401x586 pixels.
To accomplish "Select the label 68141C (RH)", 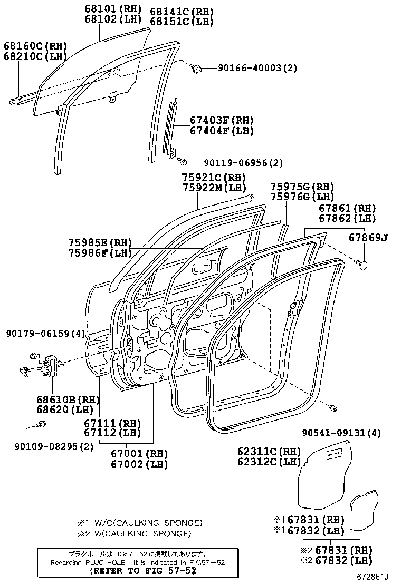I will click(174, 12).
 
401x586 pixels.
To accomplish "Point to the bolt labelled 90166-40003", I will click(197, 68).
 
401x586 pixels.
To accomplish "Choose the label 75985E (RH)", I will click(100, 242).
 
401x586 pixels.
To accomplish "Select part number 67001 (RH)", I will click(139, 453).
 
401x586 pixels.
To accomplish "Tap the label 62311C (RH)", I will click(269, 452).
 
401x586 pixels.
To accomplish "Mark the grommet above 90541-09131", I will click(333, 408).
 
